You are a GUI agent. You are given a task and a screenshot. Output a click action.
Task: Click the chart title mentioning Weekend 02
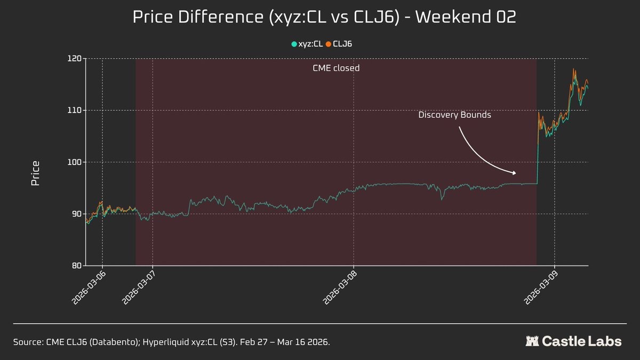click(324, 17)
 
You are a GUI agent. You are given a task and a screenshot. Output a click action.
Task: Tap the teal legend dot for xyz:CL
click(294, 44)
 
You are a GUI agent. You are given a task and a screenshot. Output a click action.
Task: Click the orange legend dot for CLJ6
click(329, 44)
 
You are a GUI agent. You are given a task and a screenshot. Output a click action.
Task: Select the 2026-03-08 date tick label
click(338, 288)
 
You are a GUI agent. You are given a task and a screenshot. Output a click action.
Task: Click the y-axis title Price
click(35, 173)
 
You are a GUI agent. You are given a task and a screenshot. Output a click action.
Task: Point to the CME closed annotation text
click(336, 68)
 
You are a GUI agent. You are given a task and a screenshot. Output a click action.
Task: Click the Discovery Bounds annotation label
click(454, 115)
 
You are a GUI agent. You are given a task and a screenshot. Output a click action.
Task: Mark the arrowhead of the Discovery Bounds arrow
click(515, 173)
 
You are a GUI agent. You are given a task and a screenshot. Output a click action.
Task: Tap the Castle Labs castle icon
click(532, 341)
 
